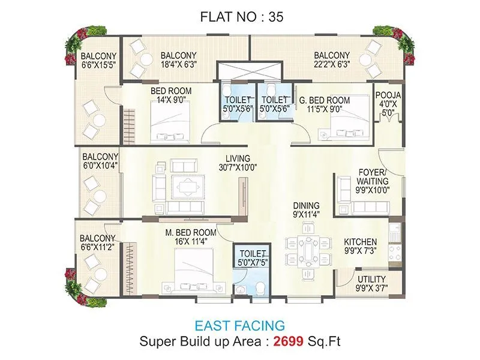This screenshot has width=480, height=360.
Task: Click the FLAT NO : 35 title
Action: [241, 17]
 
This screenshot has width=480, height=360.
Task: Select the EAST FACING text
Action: [240, 326]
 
